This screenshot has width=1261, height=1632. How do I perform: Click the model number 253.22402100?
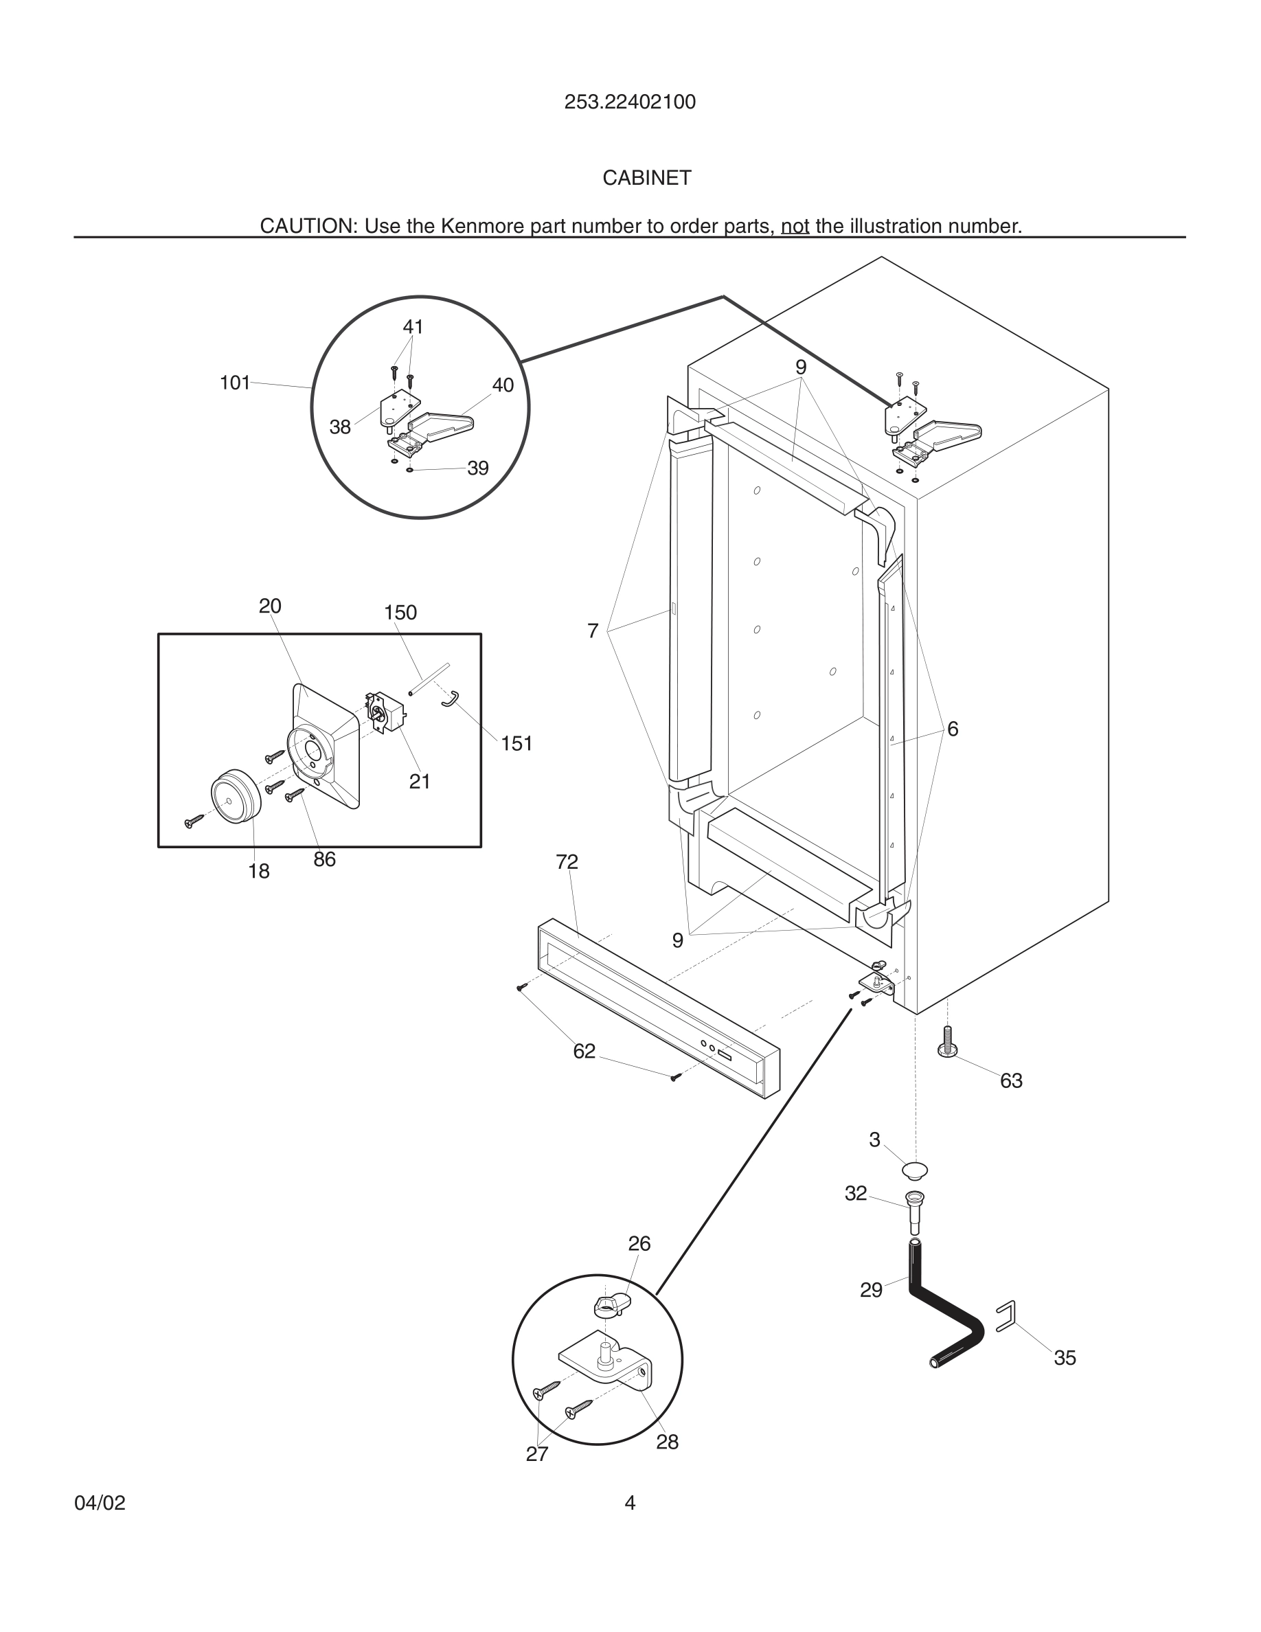pyautogui.click(x=630, y=102)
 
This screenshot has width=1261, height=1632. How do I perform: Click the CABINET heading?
pyautogui.click(x=646, y=178)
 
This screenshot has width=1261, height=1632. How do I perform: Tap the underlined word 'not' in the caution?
pyautogui.click(x=795, y=227)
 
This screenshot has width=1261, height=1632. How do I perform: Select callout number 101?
pyautogui.click(x=235, y=383)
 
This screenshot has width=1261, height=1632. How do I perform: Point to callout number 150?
pyautogui.click(x=400, y=613)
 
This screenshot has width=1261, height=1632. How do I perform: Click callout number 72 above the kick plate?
pyautogui.click(x=567, y=861)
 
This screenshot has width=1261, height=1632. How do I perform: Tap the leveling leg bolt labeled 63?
pyautogui.click(x=947, y=1043)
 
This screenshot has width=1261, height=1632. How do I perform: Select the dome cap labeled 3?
pyautogui.click(x=914, y=1170)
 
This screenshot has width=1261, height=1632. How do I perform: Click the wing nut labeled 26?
pyautogui.click(x=612, y=1306)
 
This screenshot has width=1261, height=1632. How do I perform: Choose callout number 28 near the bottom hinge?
pyautogui.click(x=667, y=1442)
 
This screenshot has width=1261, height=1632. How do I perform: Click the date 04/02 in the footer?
pyautogui.click(x=100, y=1503)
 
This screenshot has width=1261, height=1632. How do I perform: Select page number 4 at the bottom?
pyautogui.click(x=630, y=1503)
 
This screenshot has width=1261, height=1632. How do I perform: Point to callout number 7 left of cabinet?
pyautogui.click(x=593, y=631)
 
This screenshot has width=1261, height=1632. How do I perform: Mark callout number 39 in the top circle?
pyautogui.click(x=477, y=468)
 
